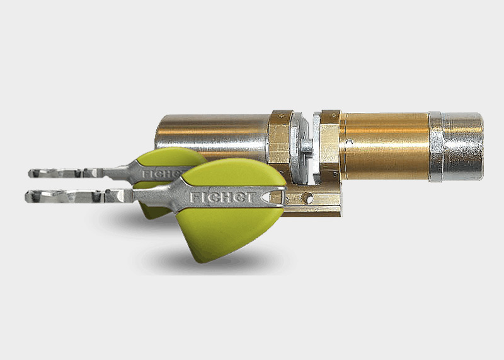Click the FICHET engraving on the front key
[x=223, y=197]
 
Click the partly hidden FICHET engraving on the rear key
[x=161, y=175]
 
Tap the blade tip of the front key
[x=26, y=196]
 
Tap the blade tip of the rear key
[x=30, y=174]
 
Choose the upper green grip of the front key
[x=234, y=174]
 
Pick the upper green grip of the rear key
[x=170, y=157]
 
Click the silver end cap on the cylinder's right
[x=462, y=146]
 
